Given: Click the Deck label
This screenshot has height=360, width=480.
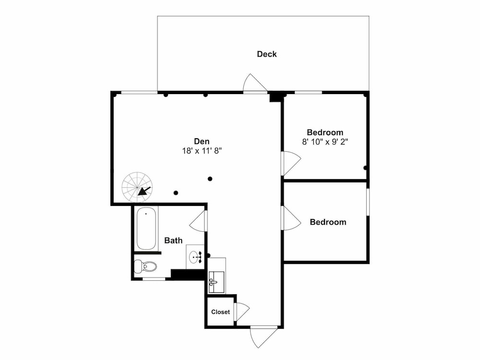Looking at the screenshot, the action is point(266,54).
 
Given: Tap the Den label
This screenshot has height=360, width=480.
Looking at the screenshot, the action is point(202,141).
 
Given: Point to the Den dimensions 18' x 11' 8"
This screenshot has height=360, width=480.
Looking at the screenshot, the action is point(202,151).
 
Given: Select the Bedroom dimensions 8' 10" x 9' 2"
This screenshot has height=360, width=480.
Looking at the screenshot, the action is point(325,142).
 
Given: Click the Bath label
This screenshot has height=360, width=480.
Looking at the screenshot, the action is point(173,240).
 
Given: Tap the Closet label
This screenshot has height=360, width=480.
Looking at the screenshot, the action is point(220,312).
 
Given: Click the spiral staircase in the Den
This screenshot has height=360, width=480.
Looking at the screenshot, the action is point(137,187).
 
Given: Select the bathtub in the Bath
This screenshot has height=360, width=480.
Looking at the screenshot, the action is point(146,228).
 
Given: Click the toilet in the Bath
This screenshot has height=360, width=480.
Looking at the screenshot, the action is point(145,266).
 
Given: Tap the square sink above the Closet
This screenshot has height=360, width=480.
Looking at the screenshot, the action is point(216,282).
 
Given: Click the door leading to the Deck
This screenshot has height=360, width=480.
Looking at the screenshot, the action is point(255,83).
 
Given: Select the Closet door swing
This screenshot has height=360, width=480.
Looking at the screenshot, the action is point(242,312).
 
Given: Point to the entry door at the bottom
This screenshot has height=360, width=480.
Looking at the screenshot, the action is point(264,337).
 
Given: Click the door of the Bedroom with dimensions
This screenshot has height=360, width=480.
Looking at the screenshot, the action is point(290,163).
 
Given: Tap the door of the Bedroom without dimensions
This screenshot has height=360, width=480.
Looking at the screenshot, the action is point(290,217).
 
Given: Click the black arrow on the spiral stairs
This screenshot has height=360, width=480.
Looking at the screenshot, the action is point(144,191).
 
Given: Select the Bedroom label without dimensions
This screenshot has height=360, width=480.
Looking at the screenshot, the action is point(328,222).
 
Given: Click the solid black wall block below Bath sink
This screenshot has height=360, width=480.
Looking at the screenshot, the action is point(188,274).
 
